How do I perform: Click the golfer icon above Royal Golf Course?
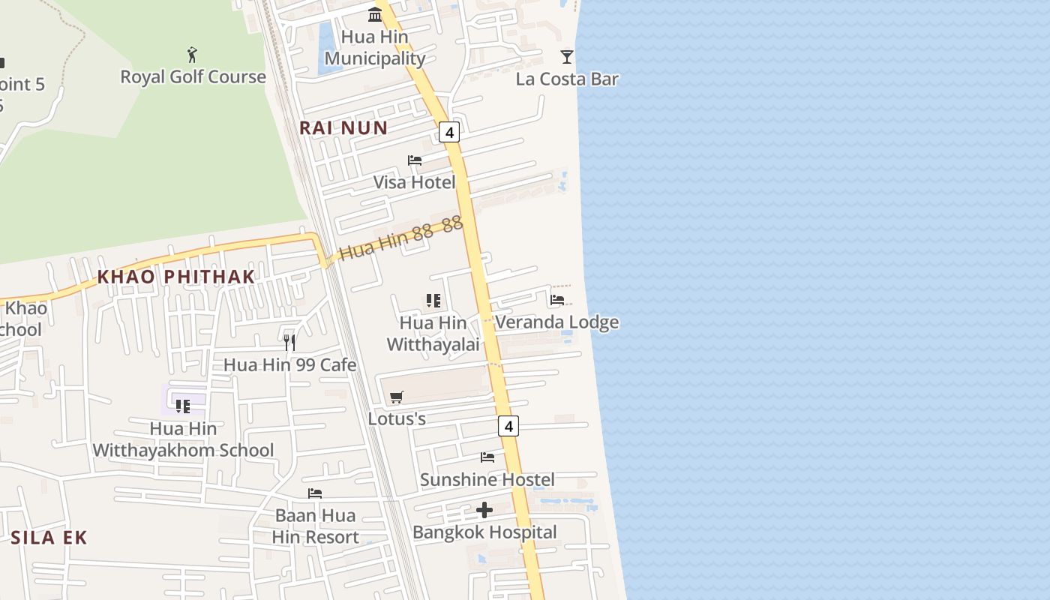192,55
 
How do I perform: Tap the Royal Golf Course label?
193,76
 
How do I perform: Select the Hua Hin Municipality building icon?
375,14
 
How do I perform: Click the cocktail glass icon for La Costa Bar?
567,57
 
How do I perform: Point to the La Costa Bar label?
567,79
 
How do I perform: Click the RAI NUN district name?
343,127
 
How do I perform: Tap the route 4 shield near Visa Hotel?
448,133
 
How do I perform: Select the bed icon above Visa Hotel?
415,160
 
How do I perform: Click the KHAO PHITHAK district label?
176,277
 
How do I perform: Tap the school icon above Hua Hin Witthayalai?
433,301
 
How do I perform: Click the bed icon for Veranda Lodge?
556,300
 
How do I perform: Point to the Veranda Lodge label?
557,322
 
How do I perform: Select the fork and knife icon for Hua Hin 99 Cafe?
289,343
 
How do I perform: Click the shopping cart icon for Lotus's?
397,397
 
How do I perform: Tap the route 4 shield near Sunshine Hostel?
508,426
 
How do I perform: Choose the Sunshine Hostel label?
487,479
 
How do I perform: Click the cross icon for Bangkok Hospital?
484,511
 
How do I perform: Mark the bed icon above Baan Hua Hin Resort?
315,493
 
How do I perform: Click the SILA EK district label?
49,537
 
